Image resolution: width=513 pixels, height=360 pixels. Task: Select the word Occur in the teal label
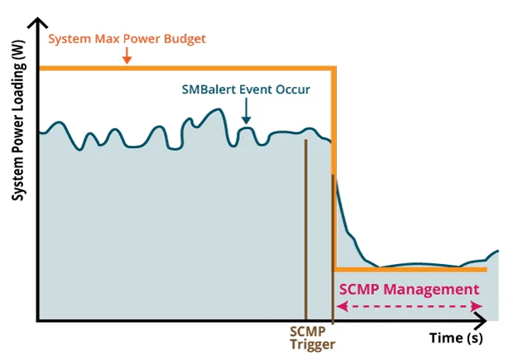click(x=293, y=89)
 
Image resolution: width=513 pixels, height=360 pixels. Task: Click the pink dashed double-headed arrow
click(x=410, y=306)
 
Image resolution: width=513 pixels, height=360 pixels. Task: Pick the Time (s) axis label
click(x=455, y=338)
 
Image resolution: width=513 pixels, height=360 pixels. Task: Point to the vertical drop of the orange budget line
click(x=333, y=166)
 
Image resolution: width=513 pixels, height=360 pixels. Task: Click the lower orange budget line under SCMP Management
click(x=410, y=269)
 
